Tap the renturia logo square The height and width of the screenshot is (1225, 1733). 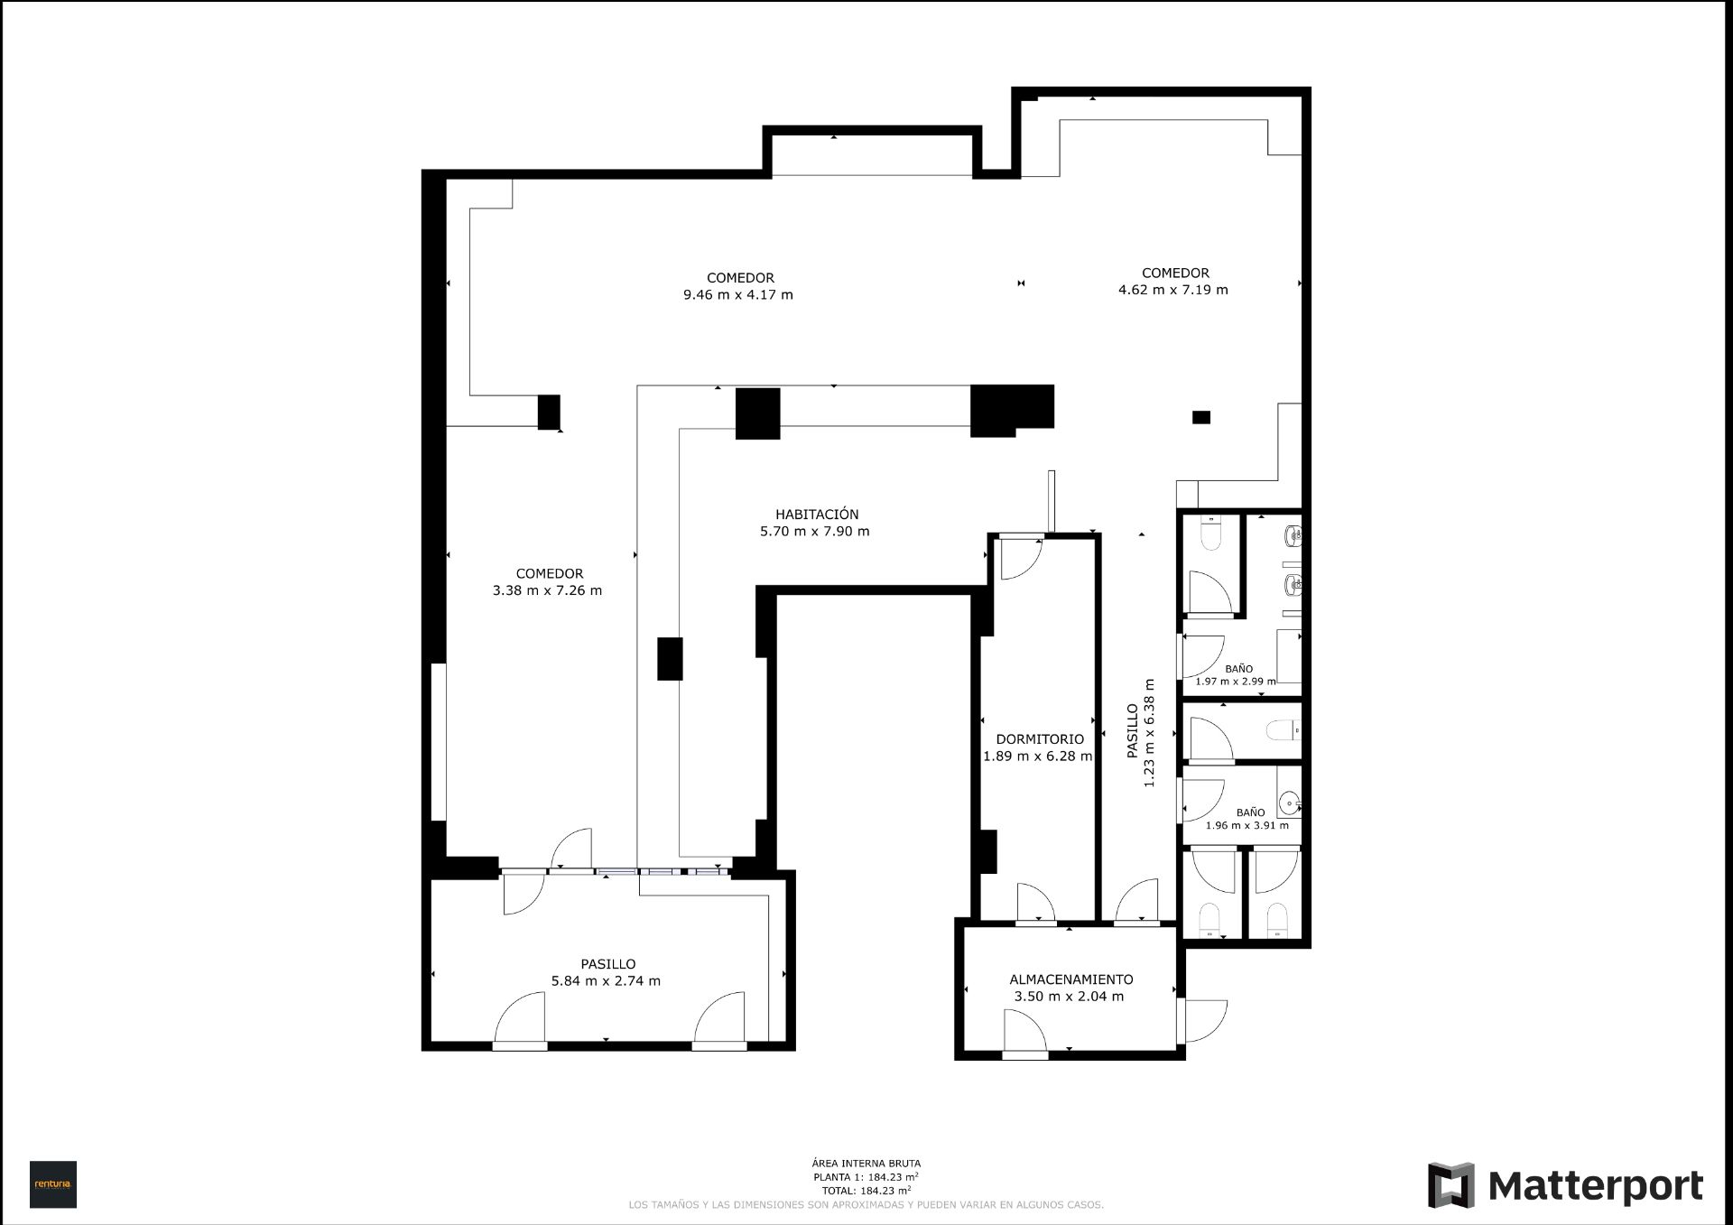[x=53, y=1183]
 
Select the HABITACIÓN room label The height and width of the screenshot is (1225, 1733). [x=816, y=515]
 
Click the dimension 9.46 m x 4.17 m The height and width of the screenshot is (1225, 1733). [x=738, y=295]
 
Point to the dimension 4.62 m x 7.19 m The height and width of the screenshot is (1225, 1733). [x=1172, y=290]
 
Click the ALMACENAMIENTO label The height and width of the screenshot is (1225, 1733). [x=1070, y=979]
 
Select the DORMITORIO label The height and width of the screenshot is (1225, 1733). [x=1040, y=739]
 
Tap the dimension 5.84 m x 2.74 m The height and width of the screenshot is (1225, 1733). [x=606, y=981]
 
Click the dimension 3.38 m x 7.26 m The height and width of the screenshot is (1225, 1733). [x=547, y=590]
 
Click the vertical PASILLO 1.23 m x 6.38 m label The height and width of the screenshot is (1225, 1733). [x=1141, y=732]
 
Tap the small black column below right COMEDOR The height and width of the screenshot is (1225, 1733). [x=1200, y=417]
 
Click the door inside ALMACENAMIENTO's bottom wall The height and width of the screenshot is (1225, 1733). [x=1024, y=1034]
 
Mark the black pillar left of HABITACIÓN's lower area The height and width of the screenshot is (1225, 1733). [x=669, y=658]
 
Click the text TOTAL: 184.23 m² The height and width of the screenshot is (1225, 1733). [x=866, y=1190]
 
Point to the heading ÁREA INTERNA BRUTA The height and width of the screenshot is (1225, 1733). [x=866, y=1164]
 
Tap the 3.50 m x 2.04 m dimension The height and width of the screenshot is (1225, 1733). [x=1069, y=997]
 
